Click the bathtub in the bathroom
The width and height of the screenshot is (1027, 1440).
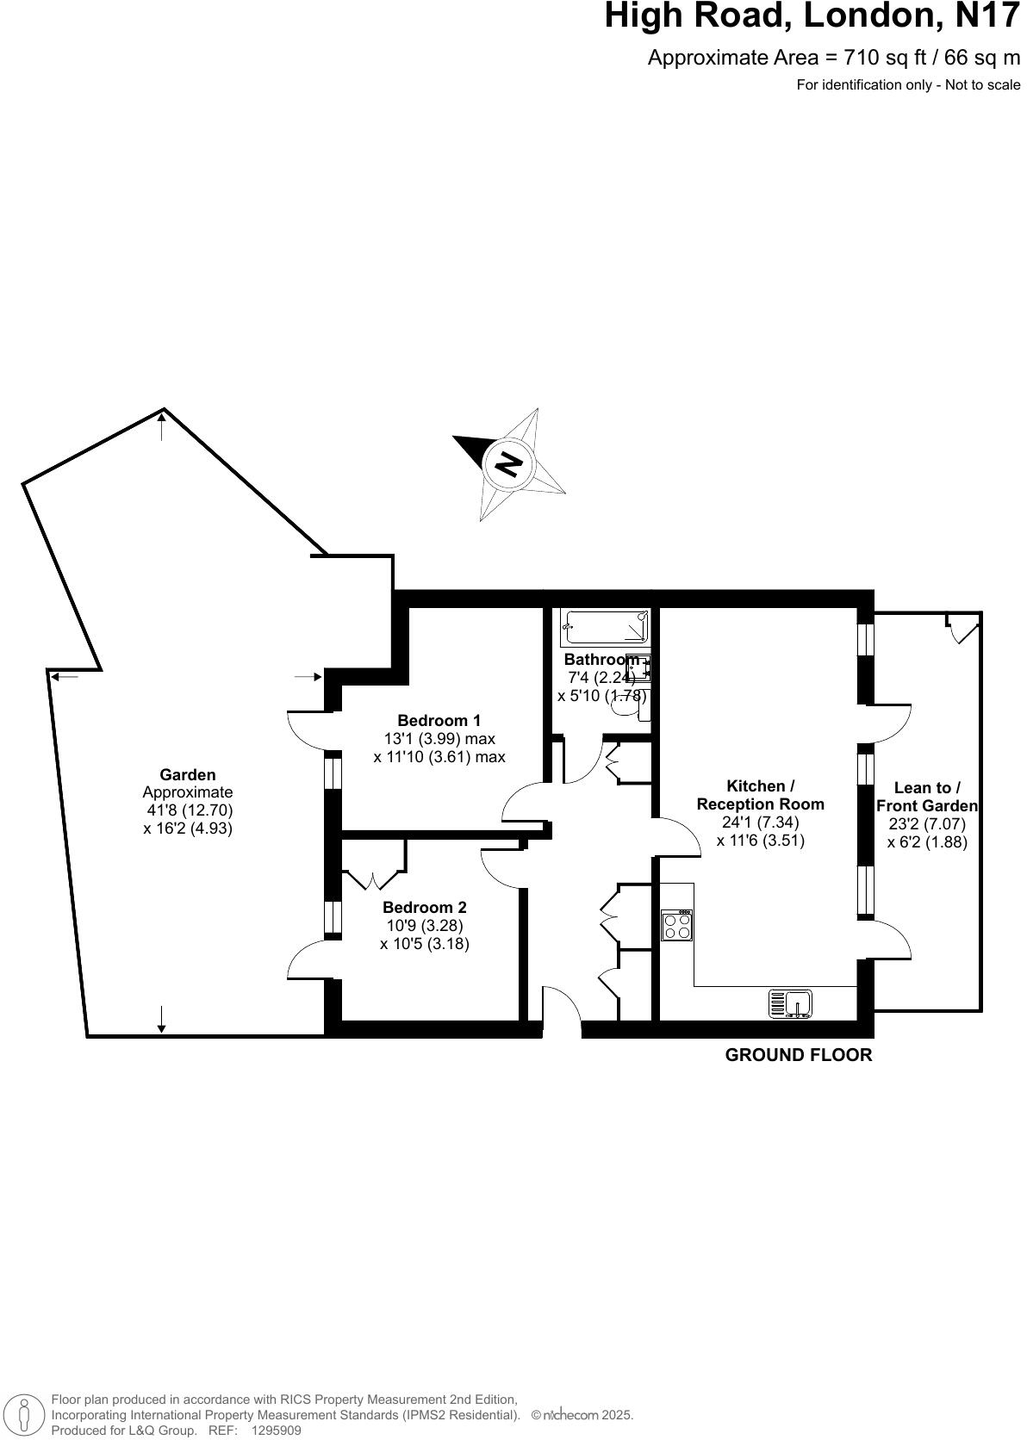605,627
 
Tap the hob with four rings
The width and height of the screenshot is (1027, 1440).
677,926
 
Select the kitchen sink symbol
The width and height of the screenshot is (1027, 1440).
791,1003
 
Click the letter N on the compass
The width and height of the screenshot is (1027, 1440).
509,464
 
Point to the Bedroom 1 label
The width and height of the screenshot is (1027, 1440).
439,720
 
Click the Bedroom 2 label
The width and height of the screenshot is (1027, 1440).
424,907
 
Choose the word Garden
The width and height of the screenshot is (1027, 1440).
188,774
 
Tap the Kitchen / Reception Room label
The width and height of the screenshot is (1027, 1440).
760,795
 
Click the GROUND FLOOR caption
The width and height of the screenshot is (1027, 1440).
798,1055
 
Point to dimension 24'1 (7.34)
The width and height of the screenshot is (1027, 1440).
760,822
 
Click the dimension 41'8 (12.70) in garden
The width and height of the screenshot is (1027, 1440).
189,810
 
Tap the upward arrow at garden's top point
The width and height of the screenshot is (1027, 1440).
162,425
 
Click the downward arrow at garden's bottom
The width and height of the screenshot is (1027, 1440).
162,1020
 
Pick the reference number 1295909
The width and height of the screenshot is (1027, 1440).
276,1431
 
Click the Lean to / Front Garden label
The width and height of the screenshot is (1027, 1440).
927,797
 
